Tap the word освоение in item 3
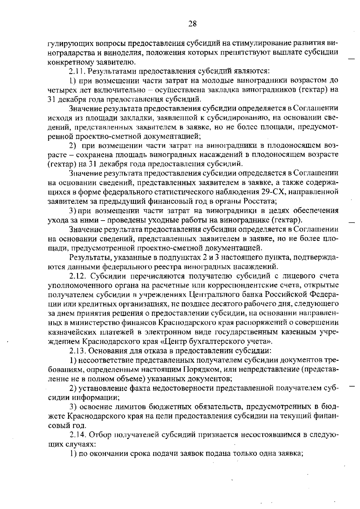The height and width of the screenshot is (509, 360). [94, 407]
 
